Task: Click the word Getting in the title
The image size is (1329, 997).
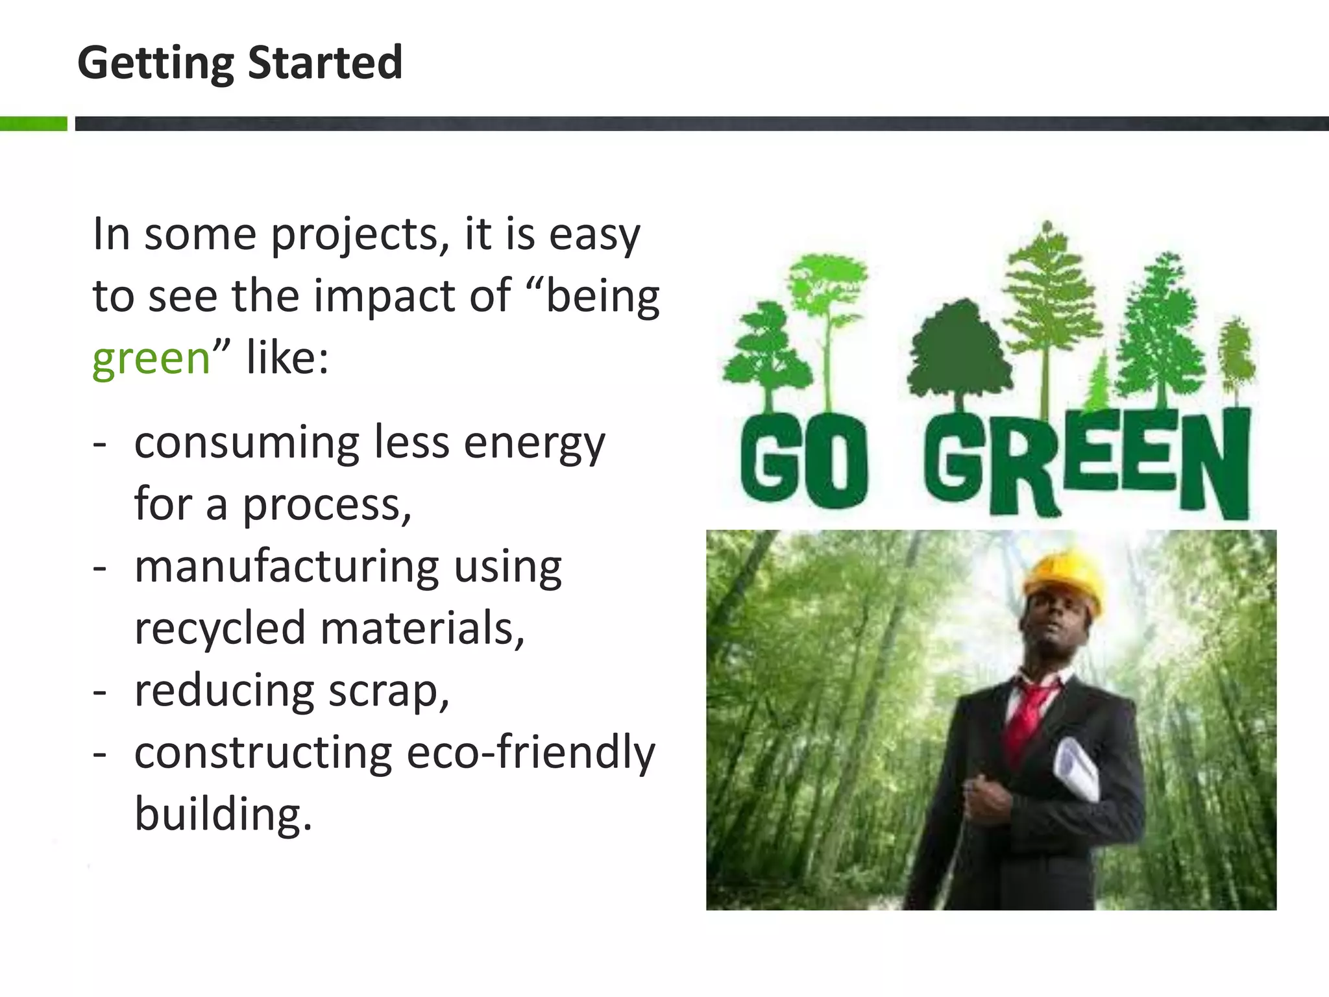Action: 155,64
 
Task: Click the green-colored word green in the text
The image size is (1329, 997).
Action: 151,358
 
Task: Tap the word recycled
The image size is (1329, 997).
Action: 219,628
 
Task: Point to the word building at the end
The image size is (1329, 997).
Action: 223,814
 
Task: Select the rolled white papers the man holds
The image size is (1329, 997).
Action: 1077,772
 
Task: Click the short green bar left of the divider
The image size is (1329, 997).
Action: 33,123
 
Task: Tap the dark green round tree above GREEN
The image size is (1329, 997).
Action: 959,351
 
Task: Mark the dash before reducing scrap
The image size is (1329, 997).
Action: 99,692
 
